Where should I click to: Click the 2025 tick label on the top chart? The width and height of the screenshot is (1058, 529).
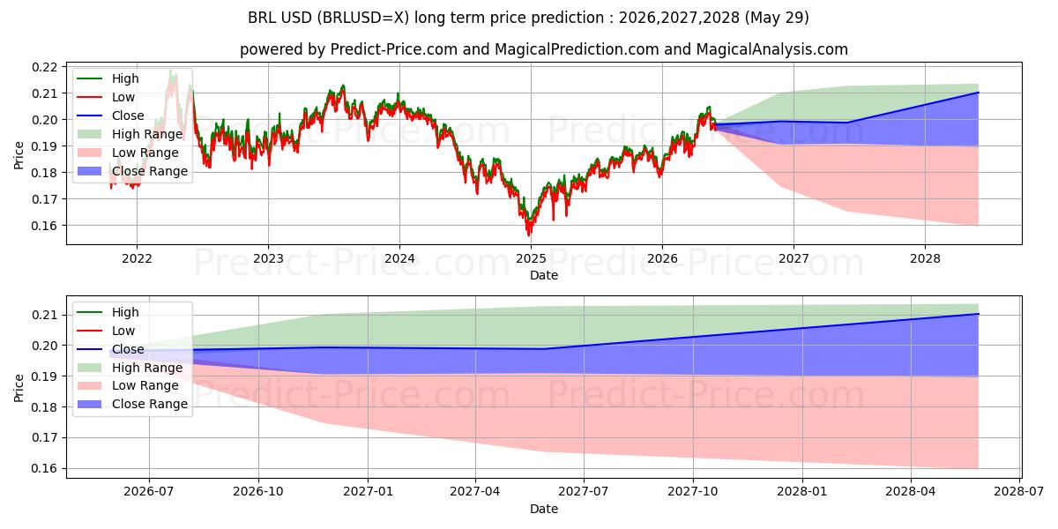click(x=531, y=259)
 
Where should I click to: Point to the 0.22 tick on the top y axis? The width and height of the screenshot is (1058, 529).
click(x=44, y=67)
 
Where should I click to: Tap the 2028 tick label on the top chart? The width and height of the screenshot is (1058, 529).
click(x=925, y=259)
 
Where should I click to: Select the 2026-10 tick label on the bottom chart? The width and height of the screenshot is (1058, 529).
click(x=258, y=492)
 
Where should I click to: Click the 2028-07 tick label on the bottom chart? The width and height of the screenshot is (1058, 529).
click(x=1019, y=492)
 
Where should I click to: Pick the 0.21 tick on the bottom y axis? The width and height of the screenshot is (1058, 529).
click(x=44, y=315)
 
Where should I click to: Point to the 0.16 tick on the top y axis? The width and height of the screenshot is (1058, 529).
click(x=44, y=226)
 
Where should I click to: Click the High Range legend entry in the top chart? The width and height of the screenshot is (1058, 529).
click(x=130, y=134)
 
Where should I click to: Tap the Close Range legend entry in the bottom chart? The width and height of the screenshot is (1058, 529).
click(x=132, y=405)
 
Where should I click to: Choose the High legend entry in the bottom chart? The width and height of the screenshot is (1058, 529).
click(x=108, y=312)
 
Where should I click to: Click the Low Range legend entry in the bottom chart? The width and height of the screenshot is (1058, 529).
click(x=128, y=386)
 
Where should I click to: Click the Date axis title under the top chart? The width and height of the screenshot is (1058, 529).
click(x=544, y=275)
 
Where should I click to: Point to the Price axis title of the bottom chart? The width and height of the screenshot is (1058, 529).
click(x=19, y=388)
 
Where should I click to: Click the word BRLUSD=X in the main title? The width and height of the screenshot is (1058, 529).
click(x=361, y=18)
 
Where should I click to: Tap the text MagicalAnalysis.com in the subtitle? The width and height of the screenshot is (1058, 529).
click(x=772, y=49)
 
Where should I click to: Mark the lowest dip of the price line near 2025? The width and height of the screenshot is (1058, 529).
click(x=529, y=235)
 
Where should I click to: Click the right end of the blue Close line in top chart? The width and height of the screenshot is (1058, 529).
click(x=978, y=93)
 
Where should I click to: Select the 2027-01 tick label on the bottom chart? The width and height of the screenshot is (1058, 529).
click(x=368, y=492)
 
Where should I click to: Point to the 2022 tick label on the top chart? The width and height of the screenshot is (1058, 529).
click(x=137, y=259)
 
